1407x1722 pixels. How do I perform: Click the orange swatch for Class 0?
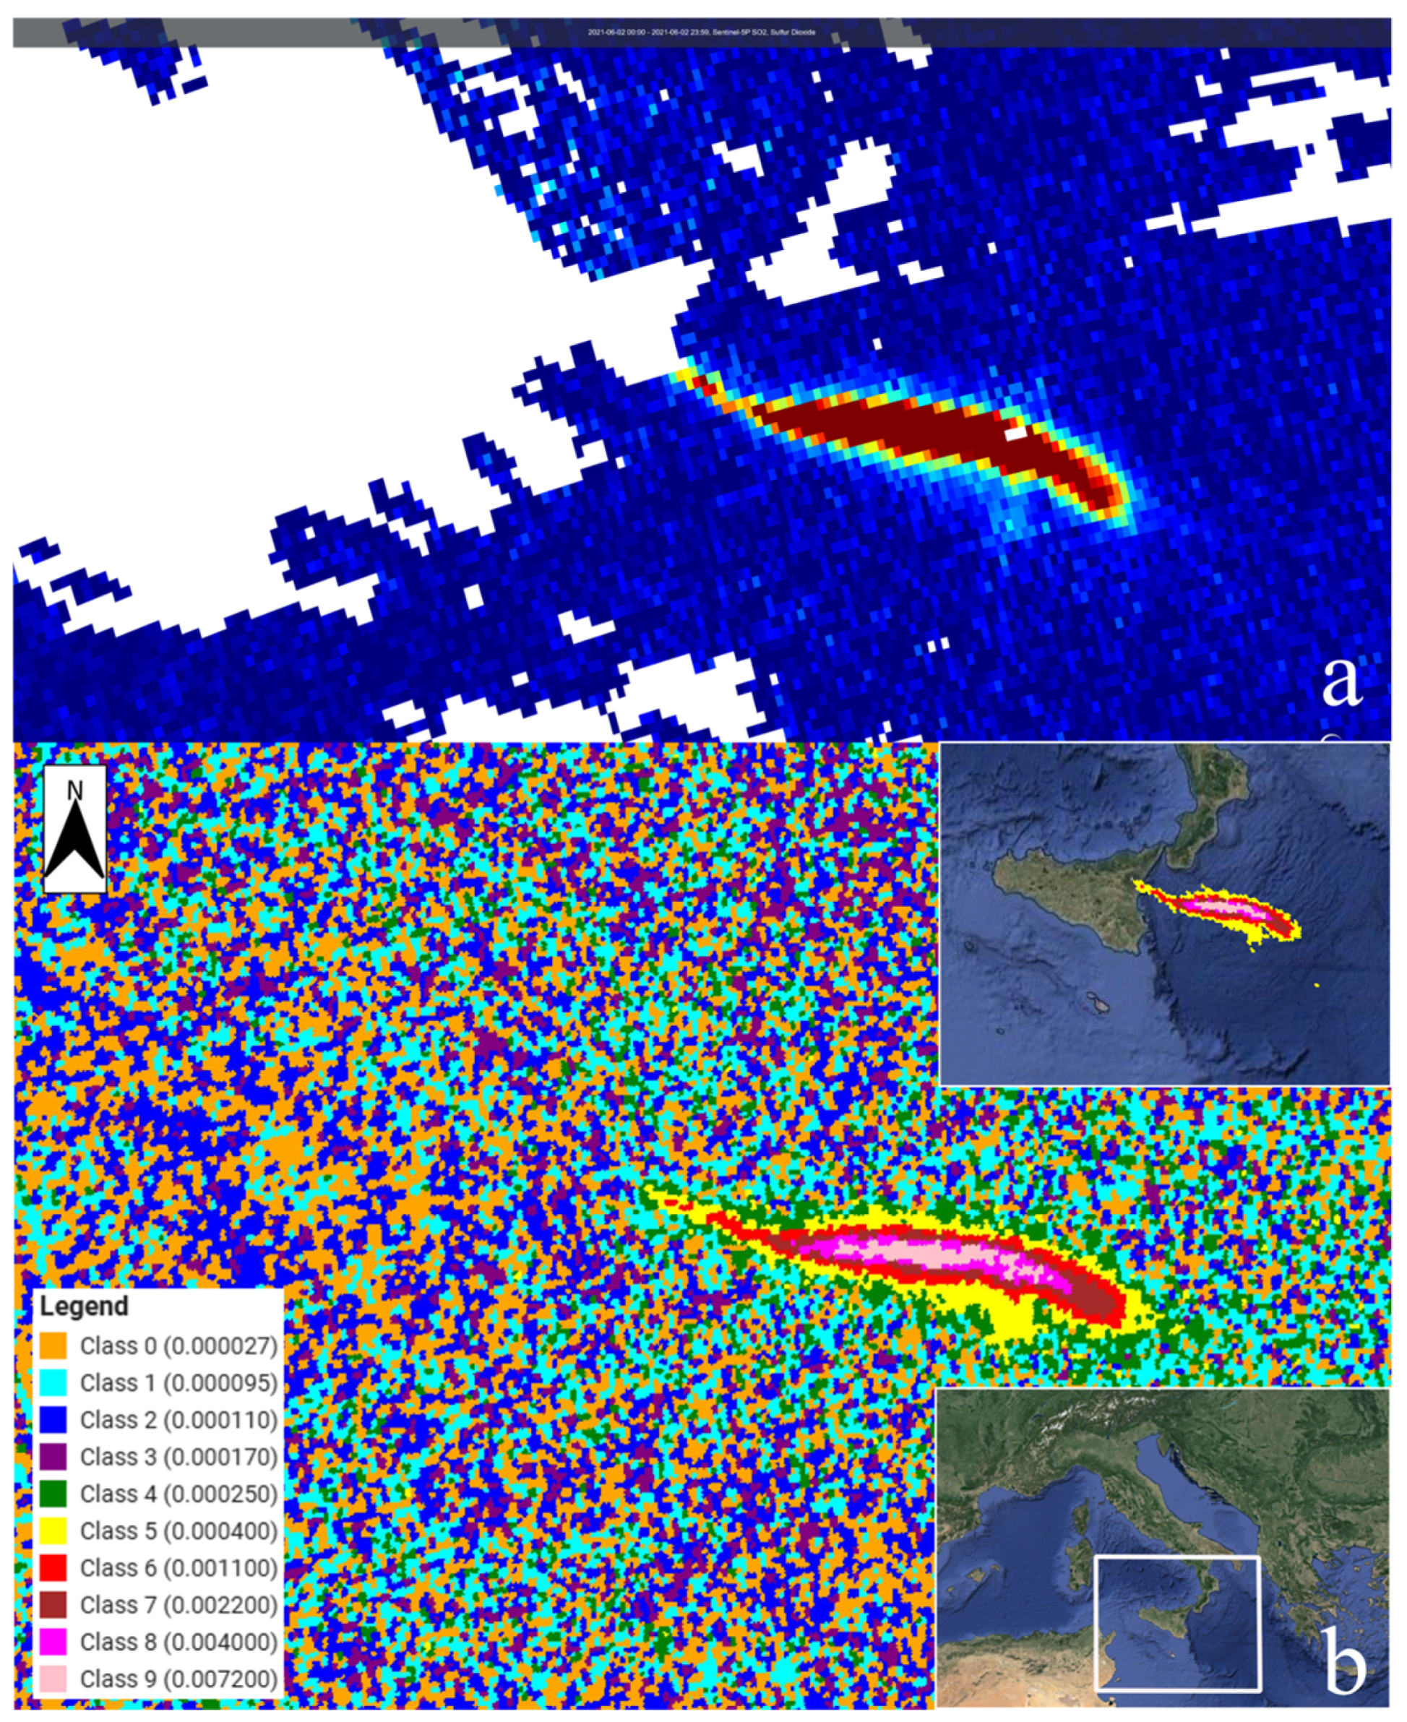pyautogui.click(x=53, y=1346)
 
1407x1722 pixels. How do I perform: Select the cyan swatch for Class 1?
pyautogui.click(x=53, y=1382)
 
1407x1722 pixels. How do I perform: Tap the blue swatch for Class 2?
pyautogui.click(x=53, y=1420)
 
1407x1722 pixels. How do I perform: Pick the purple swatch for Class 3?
pyautogui.click(x=53, y=1456)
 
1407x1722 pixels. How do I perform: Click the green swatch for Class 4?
pyautogui.click(x=53, y=1494)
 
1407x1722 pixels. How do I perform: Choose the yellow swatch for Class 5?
pyautogui.click(x=53, y=1531)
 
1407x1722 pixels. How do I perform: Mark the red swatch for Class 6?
pyautogui.click(x=53, y=1568)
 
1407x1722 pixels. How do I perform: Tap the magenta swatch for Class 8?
pyautogui.click(x=53, y=1642)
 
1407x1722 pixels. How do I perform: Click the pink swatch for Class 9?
pyautogui.click(x=53, y=1679)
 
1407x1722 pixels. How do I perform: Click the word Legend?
pyautogui.click(x=85, y=1306)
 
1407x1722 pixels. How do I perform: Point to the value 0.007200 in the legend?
pyautogui.click(x=220, y=1680)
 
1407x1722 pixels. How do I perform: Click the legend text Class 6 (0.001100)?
pyautogui.click(x=178, y=1568)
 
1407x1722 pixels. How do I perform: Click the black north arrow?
pyautogui.click(x=74, y=843)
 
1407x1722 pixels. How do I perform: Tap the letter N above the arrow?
pyautogui.click(x=74, y=790)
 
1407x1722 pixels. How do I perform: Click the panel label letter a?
pyautogui.click(x=1341, y=681)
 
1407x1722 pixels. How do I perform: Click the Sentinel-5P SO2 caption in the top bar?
pyautogui.click(x=702, y=33)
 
